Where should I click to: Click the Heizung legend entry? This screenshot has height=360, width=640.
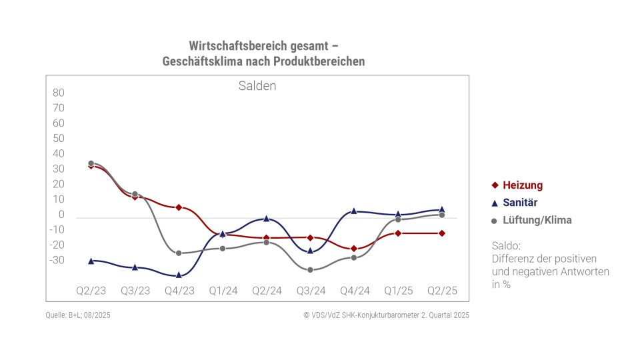pyautogui.click(x=523, y=185)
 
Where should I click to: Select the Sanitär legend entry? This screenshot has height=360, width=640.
pyautogui.click(x=520, y=203)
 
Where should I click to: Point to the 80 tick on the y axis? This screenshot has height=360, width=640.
pyautogui.click(x=58, y=93)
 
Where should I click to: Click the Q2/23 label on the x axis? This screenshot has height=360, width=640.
pyautogui.click(x=91, y=291)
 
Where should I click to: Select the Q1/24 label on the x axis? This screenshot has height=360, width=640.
pyautogui.click(x=223, y=291)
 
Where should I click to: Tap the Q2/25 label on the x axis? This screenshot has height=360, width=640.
pyautogui.click(x=442, y=291)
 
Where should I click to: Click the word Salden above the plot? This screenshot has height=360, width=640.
pyautogui.click(x=257, y=86)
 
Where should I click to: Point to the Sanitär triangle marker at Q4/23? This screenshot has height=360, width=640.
pyautogui.click(x=179, y=275)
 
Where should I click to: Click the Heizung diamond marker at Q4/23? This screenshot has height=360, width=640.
pyautogui.click(x=179, y=207)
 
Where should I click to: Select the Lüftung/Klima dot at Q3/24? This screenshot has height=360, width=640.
pyautogui.click(x=310, y=269)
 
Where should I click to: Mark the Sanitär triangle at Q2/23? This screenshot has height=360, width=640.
pyautogui.click(x=91, y=261)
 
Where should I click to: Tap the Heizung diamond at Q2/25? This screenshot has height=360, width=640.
pyautogui.click(x=442, y=233)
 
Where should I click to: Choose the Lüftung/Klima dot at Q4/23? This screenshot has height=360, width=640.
pyautogui.click(x=179, y=253)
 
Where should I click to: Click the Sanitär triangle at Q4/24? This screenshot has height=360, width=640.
pyautogui.click(x=354, y=211)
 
